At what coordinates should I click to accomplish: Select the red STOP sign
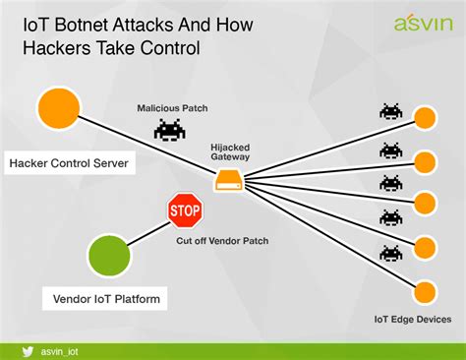pos(185,209)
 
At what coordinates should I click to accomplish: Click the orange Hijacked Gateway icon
pos(229,181)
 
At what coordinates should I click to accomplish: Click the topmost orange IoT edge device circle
pos(424,118)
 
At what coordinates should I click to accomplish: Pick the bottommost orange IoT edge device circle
pos(424,291)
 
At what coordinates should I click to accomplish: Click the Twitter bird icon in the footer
pos(31,347)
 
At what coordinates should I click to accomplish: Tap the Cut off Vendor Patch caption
pos(221,240)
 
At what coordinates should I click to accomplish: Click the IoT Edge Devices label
pos(413,319)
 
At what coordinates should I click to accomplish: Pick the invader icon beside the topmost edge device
pos(391,112)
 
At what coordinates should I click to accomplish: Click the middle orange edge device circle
pos(424,203)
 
